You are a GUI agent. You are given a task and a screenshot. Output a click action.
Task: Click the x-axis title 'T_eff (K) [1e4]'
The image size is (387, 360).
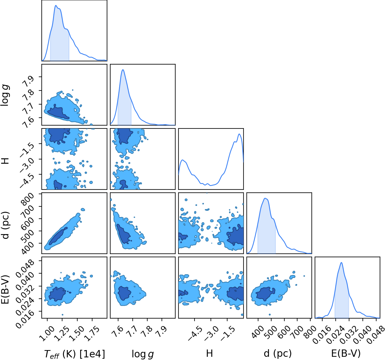pyautogui.click(x=74, y=354)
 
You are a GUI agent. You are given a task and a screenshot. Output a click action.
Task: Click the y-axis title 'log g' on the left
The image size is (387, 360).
pyautogui.click(x=5, y=95)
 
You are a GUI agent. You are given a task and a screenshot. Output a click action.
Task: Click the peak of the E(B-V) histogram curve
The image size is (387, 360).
pyautogui.click(x=341, y=263)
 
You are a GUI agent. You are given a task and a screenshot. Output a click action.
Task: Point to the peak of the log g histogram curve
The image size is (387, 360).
pyautogui.click(x=123, y=70)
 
